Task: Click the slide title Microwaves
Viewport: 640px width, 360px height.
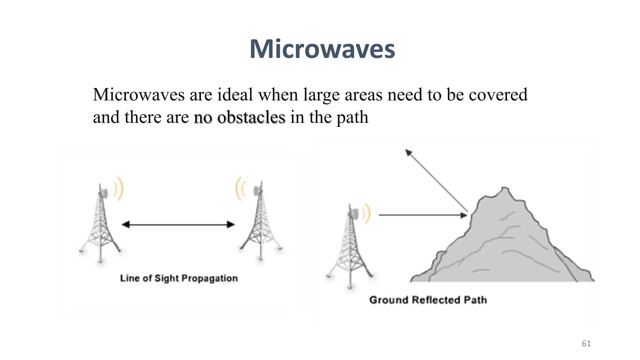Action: pyautogui.click(x=322, y=49)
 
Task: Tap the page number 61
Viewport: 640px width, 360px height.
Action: pyautogui.click(x=586, y=344)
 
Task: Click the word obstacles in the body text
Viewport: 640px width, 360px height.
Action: pyautogui.click(x=251, y=117)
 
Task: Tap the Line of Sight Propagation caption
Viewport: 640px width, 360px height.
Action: pyautogui.click(x=179, y=278)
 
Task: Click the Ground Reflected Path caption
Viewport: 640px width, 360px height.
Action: pyautogui.click(x=428, y=300)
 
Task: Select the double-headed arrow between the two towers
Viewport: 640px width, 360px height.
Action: pyautogui.click(x=178, y=224)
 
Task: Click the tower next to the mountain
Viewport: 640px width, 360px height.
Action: pyautogui.click(x=350, y=247)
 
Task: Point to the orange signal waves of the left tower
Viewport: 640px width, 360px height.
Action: pyautogui.click(x=119, y=189)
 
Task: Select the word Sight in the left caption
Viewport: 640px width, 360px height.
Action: pyautogui.click(x=167, y=278)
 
